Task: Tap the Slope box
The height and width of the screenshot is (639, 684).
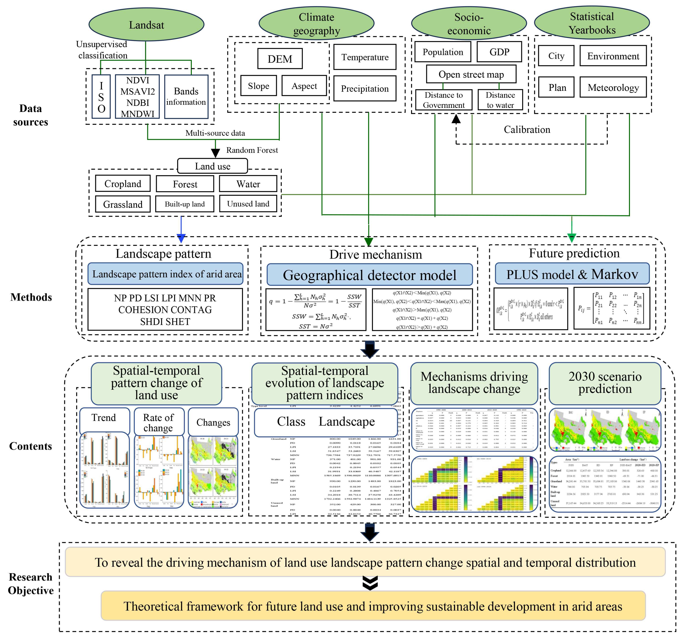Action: point(258,86)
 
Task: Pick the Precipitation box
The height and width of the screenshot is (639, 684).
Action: point(365,88)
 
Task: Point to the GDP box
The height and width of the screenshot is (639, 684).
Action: point(499,52)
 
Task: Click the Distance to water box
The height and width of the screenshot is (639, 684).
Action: point(500,100)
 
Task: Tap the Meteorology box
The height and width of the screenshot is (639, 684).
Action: point(613,87)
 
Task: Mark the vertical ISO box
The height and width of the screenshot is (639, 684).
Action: point(101,97)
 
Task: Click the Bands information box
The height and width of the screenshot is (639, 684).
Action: point(186,97)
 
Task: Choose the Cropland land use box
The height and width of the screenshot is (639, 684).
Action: point(123,184)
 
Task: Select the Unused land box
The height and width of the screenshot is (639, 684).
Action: point(248,204)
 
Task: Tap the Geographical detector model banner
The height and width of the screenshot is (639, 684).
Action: point(370,275)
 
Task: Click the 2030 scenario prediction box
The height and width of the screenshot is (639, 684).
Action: point(605,383)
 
